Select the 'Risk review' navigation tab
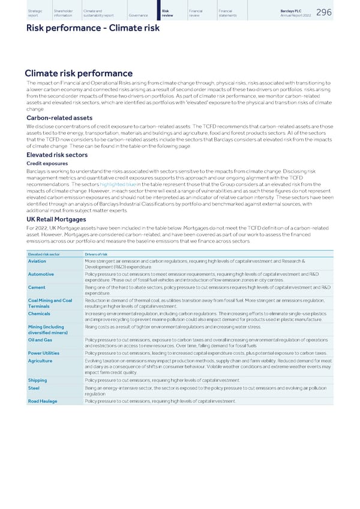click(167, 13)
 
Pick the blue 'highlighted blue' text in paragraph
click(118, 184)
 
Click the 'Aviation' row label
click(37, 261)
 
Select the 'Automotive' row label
click(41, 274)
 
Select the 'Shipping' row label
click(38, 380)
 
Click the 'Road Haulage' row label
click(43, 400)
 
